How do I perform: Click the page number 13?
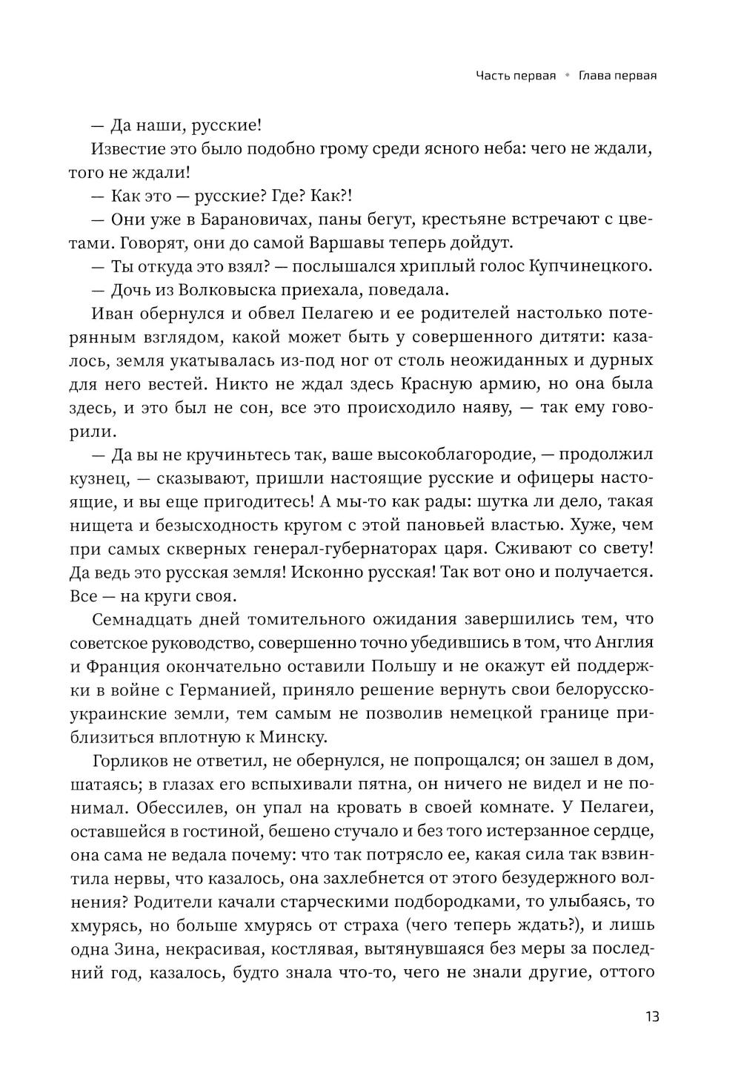pyautogui.click(x=651, y=1015)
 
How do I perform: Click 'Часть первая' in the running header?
pyautogui.click(x=516, y=76)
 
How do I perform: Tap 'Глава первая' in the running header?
pyautogui.click(x=618, y=76)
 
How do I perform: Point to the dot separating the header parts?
pyautogui.click(x=568, y=76)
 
